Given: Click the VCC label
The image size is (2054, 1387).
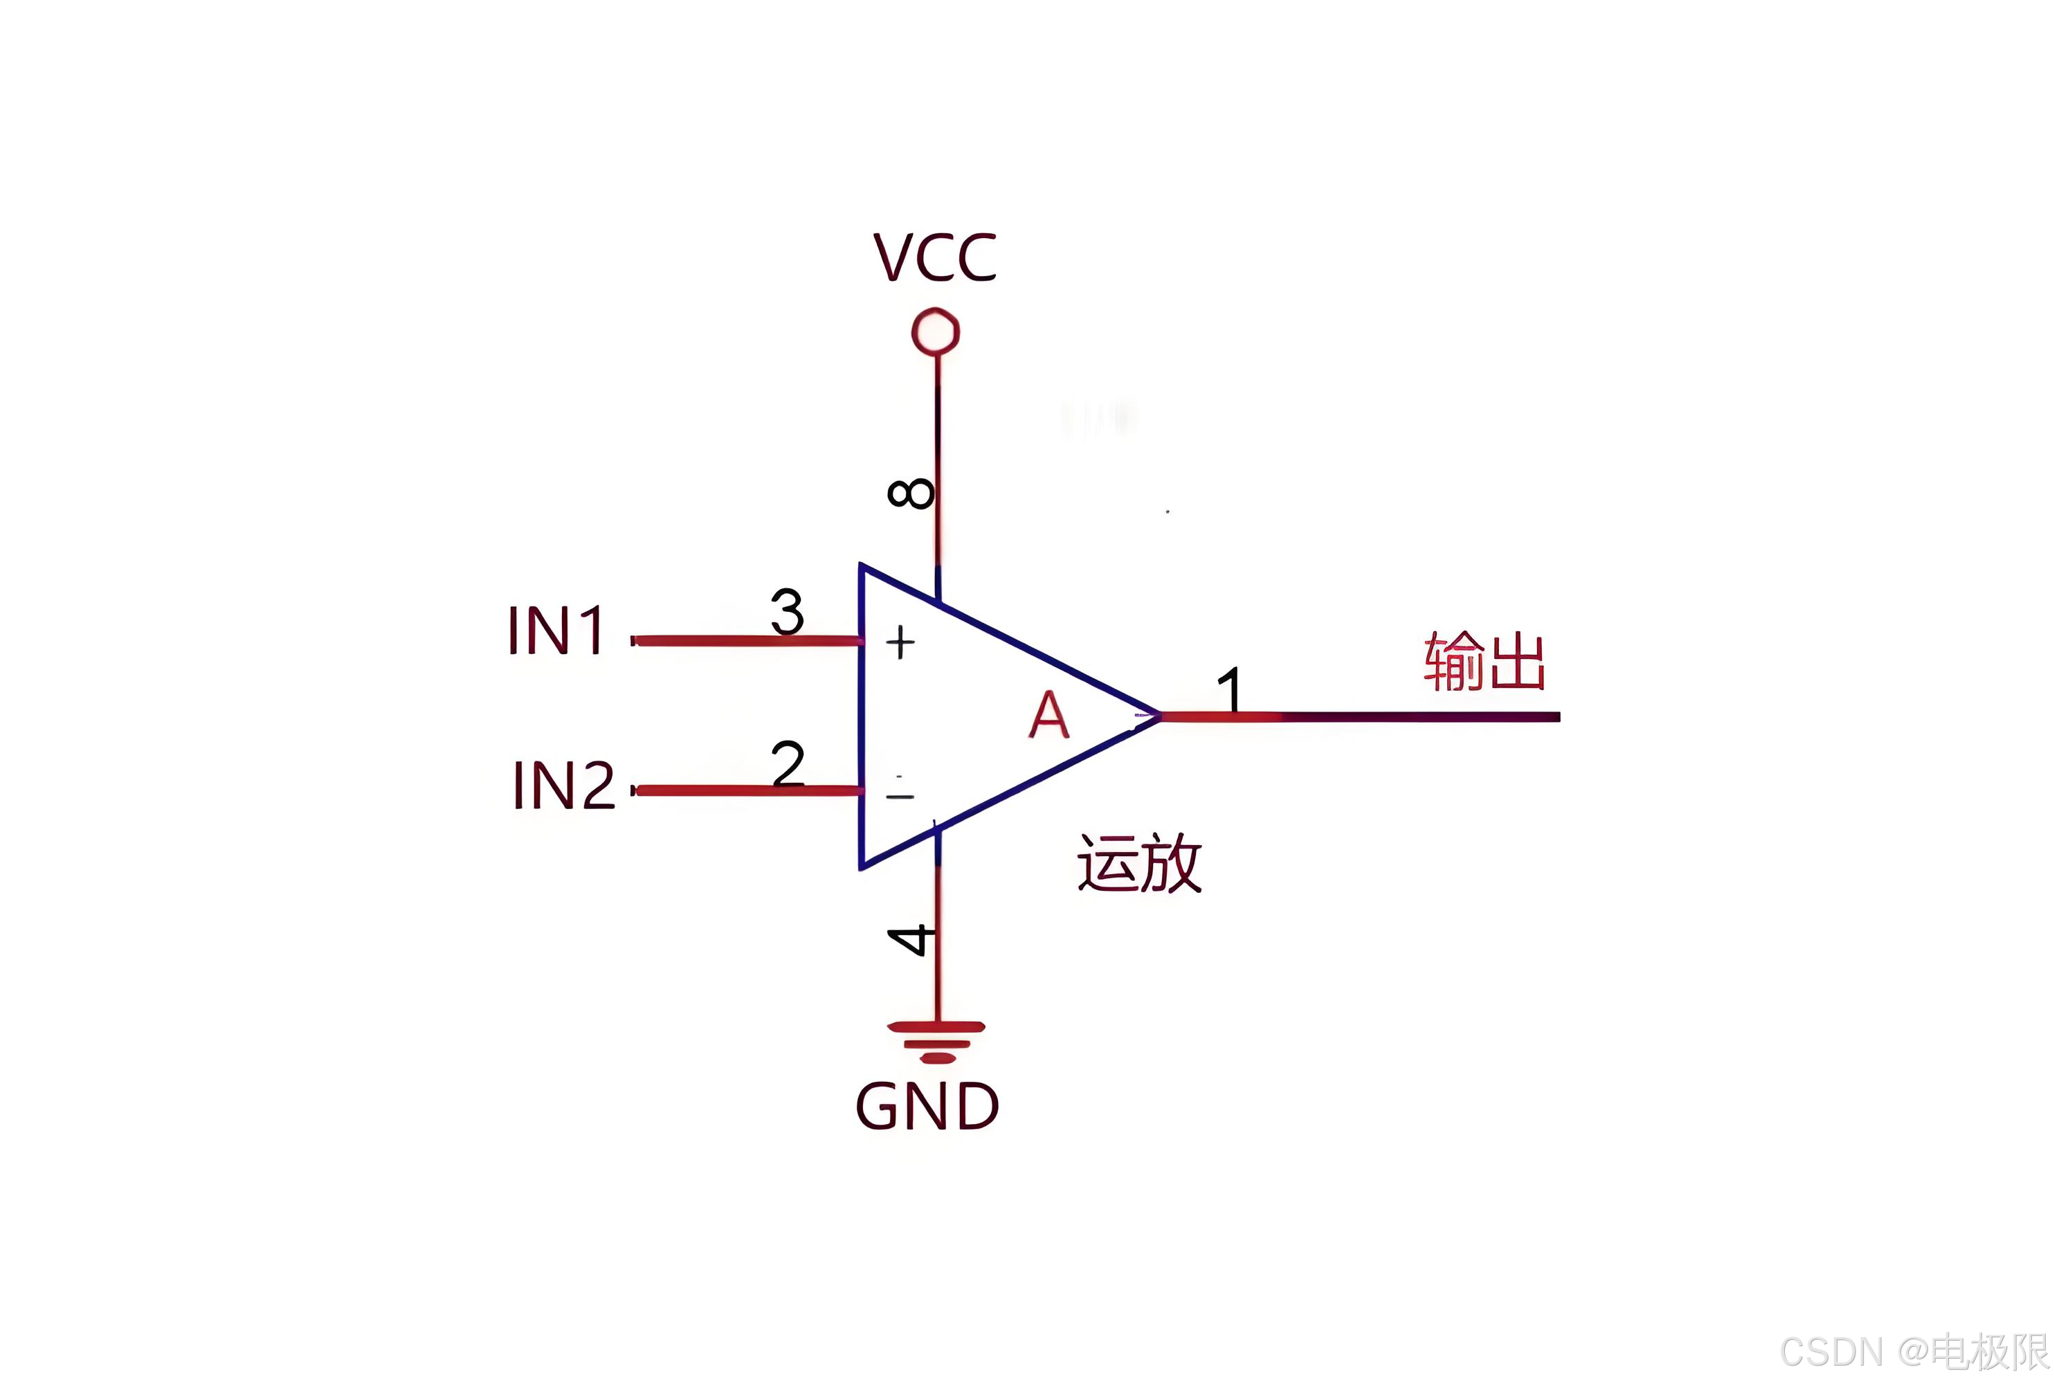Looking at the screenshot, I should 934,258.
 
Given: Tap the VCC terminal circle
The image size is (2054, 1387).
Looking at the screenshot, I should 935,332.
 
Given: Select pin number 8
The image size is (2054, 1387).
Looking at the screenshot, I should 910,493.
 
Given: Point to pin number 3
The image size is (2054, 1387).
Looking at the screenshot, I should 787,611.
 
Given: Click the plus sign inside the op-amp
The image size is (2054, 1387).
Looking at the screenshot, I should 900,643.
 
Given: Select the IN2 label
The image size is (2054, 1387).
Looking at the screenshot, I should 563,785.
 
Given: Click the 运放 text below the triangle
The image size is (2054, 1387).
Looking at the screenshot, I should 1138,864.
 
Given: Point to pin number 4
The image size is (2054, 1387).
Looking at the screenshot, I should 910,941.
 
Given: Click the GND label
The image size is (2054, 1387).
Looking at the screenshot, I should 927,1107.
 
